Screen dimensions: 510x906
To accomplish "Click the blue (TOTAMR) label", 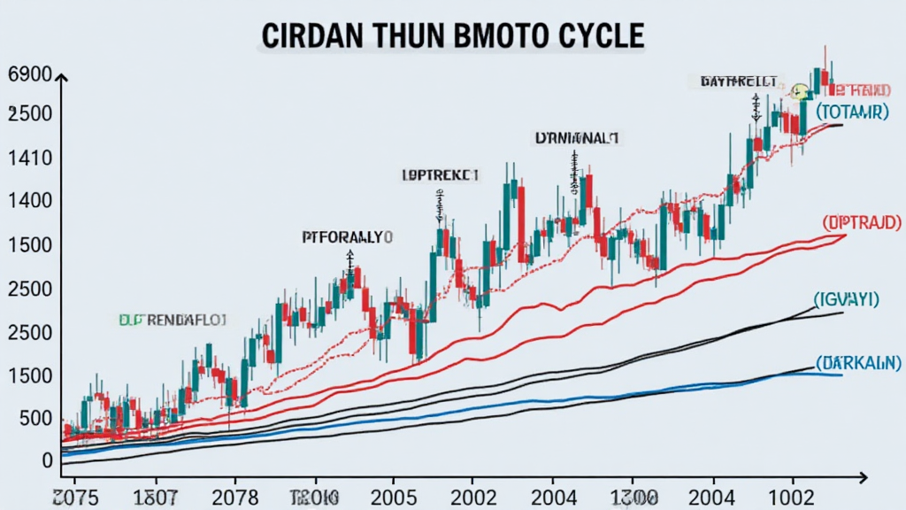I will click(852, 112).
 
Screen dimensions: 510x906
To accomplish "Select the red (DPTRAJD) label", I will click(861, 220).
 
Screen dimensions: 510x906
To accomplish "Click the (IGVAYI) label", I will click(848, 299).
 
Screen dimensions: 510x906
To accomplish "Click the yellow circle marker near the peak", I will click(800, 91).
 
